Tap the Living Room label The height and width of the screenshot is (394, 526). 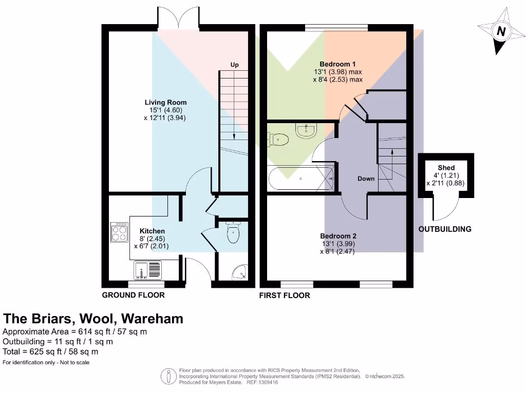pyautogui.click(x=165, y=102)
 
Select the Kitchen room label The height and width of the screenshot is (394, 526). pyautogui.click(x=152, y=231)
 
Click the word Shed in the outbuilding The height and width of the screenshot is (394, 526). pyautogui.click(x=446, y=168)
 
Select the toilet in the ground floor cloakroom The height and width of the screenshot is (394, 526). pyautogui.click(x=233, y=233)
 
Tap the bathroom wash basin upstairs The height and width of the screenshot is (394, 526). pyautogui.click(x=306, y=130)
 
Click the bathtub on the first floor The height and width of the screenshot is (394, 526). pyautogui.click(x=301, y=178)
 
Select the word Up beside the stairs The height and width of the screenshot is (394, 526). pyautogui.click(x=235, y=65)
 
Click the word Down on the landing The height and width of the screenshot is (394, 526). pyautogui.click(x=366, y=179)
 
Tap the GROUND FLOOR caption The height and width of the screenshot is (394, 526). pyautogui.click(x=134, y=295)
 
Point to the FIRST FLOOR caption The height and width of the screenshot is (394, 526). pyautogui.click(x=285, y=295)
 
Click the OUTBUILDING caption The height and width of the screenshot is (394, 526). pyautogui.click(x=445, y=229)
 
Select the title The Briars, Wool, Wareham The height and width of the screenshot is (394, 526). pyautogui.click(x=93, y=319)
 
